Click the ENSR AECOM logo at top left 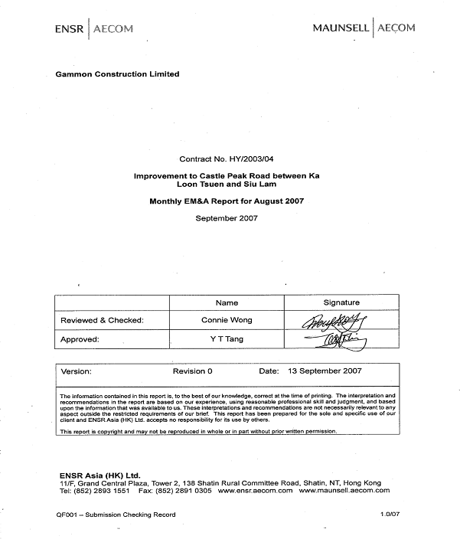click(x=94, y=29)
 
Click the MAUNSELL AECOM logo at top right click(x=364, y=28)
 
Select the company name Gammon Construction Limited click(x=118, y=74)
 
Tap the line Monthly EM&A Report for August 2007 click(x=227, y=203)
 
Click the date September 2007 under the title click(x=227, y=218)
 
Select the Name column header click(x=227, y=302)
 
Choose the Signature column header click(x=341, y=302)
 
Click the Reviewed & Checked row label click(x=102, y=320)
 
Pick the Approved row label click(x=80, y=338)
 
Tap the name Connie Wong click(x=227, y=320)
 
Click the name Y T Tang click(x=227, y=338)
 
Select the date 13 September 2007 click(x=325, y=371)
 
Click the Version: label click(x=76, y=371)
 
